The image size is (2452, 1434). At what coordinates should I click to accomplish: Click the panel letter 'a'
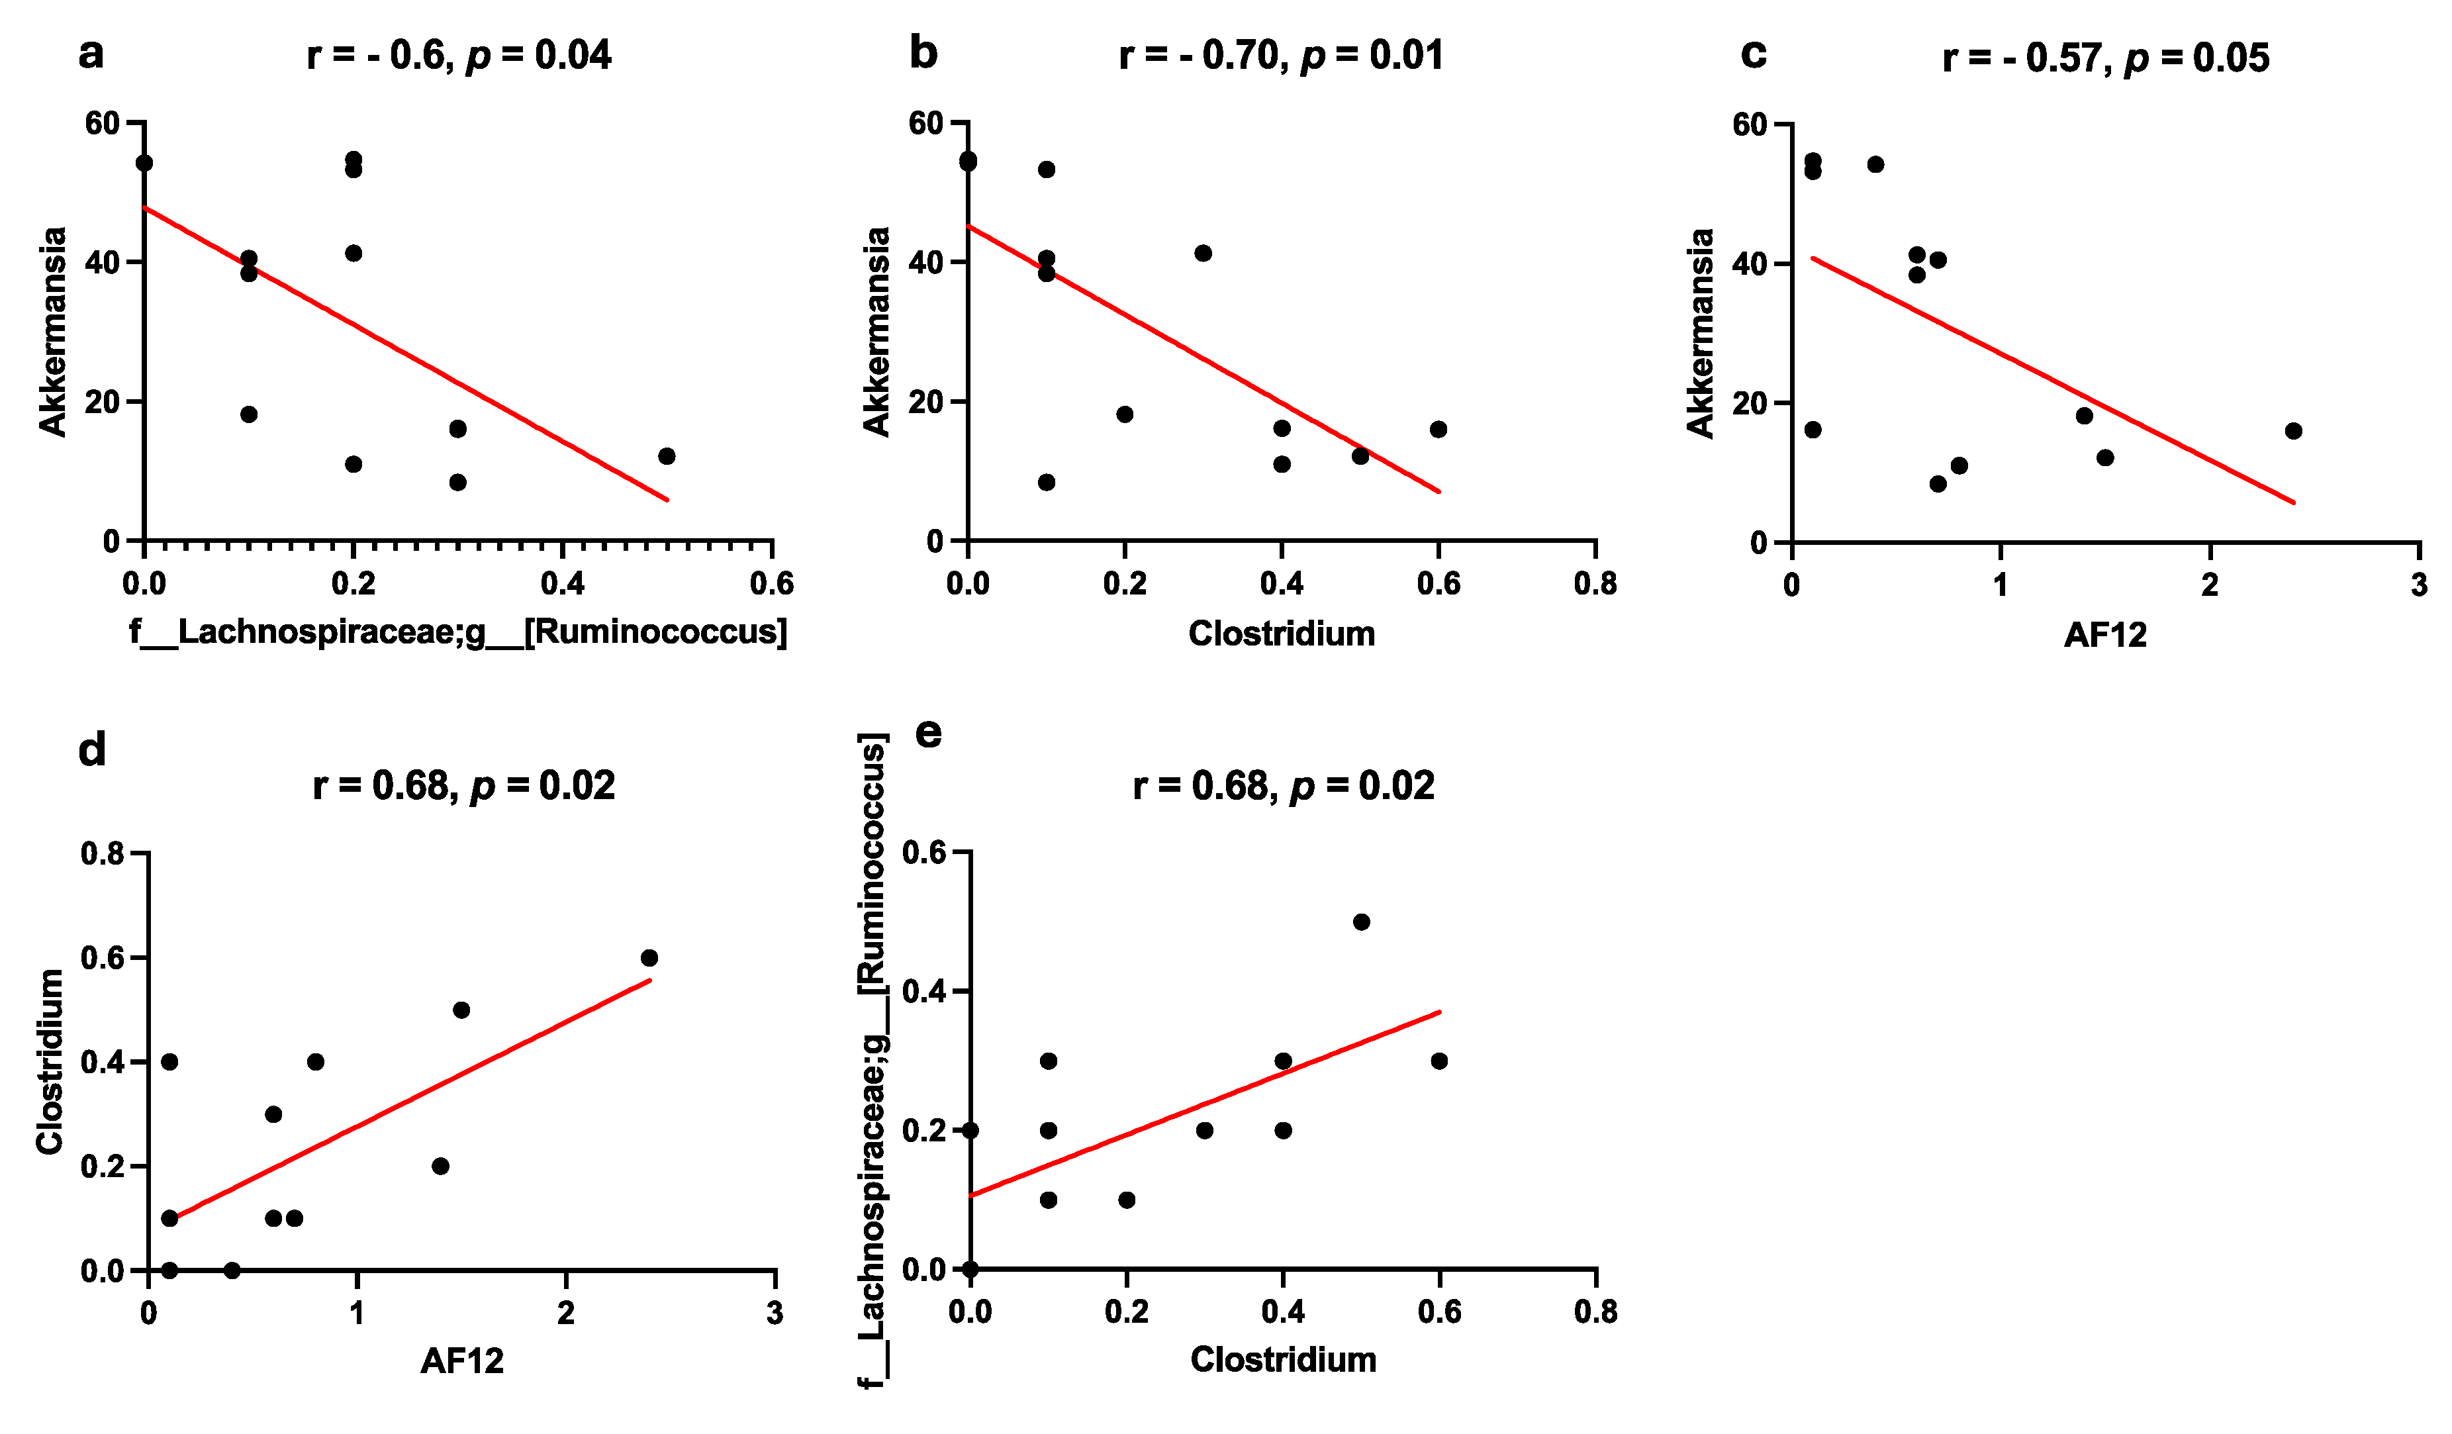(91, 54)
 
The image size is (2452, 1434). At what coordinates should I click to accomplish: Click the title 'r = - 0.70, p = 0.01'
(1280, 56)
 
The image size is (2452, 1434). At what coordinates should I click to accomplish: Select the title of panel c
(2106, 58)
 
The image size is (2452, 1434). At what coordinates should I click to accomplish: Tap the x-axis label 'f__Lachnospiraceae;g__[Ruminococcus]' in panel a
(458, 632)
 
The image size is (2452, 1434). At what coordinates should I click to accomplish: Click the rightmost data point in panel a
(667, 456)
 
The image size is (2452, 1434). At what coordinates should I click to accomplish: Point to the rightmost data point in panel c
(2293, 431)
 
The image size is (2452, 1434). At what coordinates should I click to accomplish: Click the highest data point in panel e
(1361, 922)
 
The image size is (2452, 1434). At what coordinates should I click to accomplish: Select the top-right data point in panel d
(649, 958)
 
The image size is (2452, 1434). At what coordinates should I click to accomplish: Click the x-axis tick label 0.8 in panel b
(1595, 584)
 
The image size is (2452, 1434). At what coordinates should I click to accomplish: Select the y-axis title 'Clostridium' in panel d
(50, 1061)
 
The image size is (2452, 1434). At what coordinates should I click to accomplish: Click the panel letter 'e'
(929, 732)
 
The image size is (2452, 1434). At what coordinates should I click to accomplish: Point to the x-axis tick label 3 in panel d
(775, 1314)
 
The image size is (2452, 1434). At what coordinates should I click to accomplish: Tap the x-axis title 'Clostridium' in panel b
(1282, 634)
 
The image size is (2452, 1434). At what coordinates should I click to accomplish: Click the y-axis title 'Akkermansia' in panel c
(1700, 333)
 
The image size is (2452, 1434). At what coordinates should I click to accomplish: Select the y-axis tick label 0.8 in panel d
(104, 854)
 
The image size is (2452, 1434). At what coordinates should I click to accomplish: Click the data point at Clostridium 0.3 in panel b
(1203, 253)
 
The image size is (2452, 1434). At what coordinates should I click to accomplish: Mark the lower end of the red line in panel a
(667, 500)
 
